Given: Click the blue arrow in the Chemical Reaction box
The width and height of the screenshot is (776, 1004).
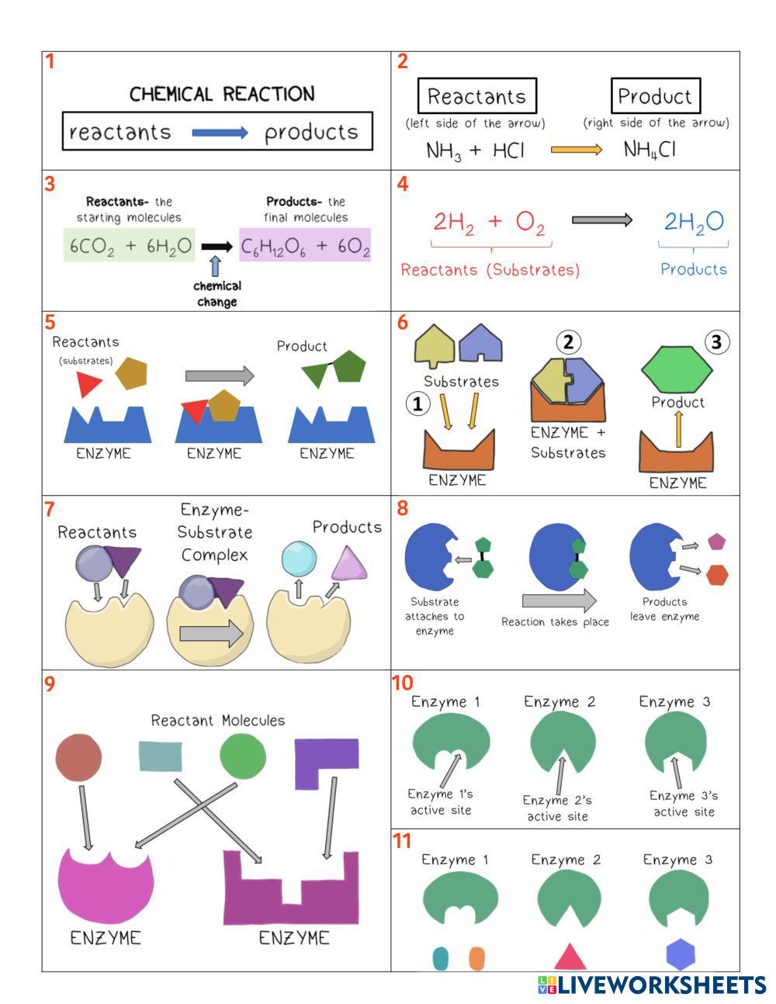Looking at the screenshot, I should [220, 133].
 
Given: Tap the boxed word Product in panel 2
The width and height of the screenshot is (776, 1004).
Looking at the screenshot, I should [655, 96].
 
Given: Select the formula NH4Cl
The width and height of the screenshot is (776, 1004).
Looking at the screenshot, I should [650, 150].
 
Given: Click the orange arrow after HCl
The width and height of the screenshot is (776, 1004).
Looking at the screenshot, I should [576, 150].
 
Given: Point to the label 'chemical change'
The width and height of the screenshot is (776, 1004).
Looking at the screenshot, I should [217, 294].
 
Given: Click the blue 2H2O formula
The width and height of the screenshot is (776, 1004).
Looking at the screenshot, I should [693, 222].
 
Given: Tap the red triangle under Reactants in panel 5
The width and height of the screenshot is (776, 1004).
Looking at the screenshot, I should [88, 384].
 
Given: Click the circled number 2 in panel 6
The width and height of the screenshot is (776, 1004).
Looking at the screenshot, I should [569, 341].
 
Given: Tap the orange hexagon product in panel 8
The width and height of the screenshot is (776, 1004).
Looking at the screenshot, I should [717, 575].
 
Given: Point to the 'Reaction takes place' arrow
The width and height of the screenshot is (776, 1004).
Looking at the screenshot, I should [559, 601].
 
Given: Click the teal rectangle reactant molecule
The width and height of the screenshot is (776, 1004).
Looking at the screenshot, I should [161, 756].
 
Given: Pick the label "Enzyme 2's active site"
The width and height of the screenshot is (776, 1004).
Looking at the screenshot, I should [556, 808].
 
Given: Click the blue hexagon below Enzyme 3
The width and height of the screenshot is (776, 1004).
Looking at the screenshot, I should [681, 955].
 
